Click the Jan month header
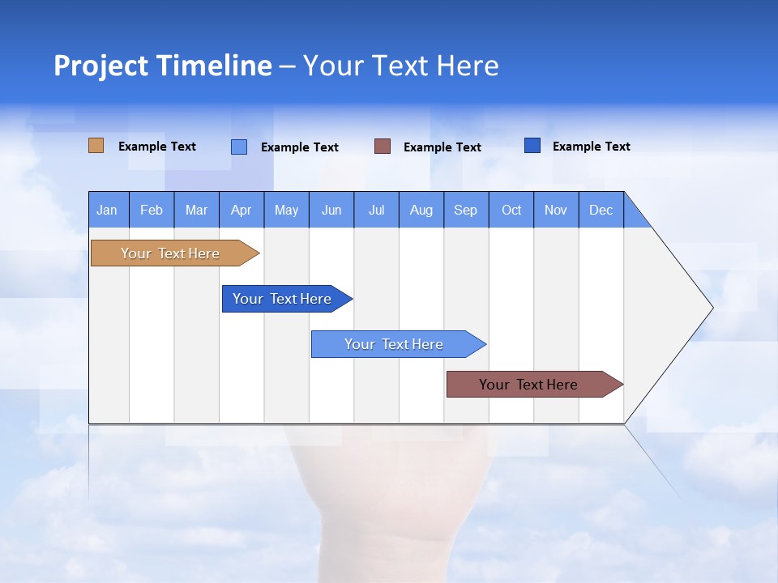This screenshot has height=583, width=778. point(107,210)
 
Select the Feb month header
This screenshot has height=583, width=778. point(152,210)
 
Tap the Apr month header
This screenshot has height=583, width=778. point(241,210)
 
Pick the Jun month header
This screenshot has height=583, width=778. point(331,210)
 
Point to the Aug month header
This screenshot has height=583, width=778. point(421,210)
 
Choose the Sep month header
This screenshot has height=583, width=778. point(465,210)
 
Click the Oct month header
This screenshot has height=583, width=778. point(511,210)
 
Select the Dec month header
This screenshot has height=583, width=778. point(601,210)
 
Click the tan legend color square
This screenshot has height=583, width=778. point(96,146)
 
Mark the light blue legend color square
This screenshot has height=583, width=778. point(239,147)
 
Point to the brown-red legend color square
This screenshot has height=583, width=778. point(383,147)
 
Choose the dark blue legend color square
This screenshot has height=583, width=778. point(532,146)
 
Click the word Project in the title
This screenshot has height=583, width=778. point(100,66)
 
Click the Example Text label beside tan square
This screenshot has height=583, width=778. point(157,147)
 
